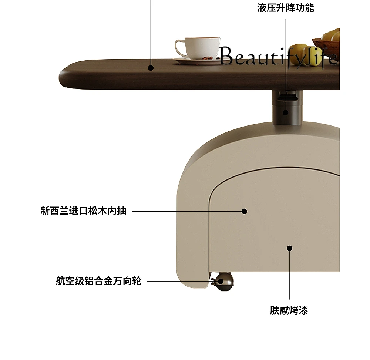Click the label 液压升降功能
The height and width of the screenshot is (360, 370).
tap(286, 8)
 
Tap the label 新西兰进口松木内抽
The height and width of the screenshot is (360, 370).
tap(83, 211)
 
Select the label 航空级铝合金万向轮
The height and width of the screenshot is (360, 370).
tap(99, 281)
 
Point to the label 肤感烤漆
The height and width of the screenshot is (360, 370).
tap(289, 310)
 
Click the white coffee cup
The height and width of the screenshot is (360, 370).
tap(198, 47)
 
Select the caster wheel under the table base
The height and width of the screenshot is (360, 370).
tap(223, 282)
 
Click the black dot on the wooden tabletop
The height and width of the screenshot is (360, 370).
tap(151, 68)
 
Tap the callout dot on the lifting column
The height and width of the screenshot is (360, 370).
tap(286, 112)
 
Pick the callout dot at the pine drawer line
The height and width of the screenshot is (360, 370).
tap(244, 211)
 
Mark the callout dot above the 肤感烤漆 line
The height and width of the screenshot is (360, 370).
tap(290, 248)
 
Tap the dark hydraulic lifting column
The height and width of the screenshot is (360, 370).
tap(287, 107)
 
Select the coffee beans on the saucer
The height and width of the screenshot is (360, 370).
tap(207, 58)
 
